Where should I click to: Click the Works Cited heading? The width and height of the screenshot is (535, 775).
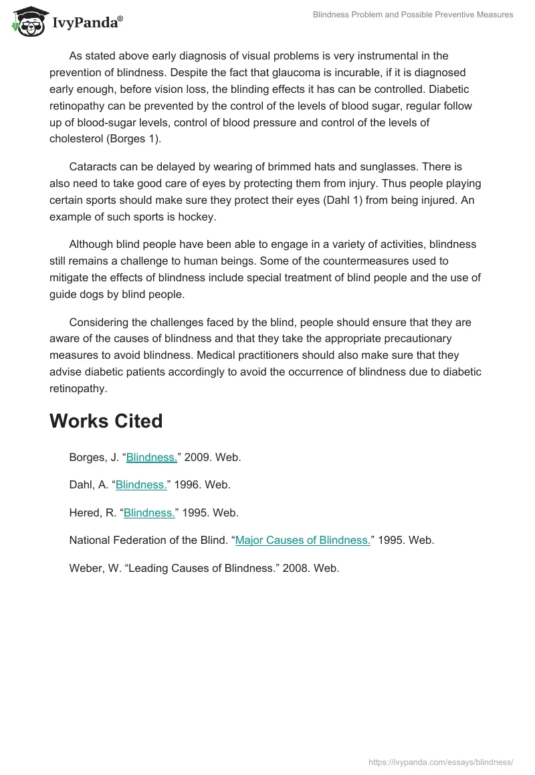tap(106, 421)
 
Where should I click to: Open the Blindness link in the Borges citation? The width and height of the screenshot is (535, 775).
tap(151, 457)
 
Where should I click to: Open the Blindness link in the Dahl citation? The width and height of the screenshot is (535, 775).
tap(141, 485)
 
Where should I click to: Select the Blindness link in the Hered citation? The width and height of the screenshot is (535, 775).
tap(149, 512)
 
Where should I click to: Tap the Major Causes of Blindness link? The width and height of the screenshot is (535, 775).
tap(302, 540)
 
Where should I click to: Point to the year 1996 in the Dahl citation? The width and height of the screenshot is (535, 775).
tap(187, 485)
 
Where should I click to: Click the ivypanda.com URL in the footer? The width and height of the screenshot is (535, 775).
tap(441, 762)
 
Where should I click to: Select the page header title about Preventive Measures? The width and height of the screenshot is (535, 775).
tap(413, 15)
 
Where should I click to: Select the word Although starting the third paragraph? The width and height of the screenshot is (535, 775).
tap(93, 245)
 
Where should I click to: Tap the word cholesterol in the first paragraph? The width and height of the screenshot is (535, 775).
tap(74, 139)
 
